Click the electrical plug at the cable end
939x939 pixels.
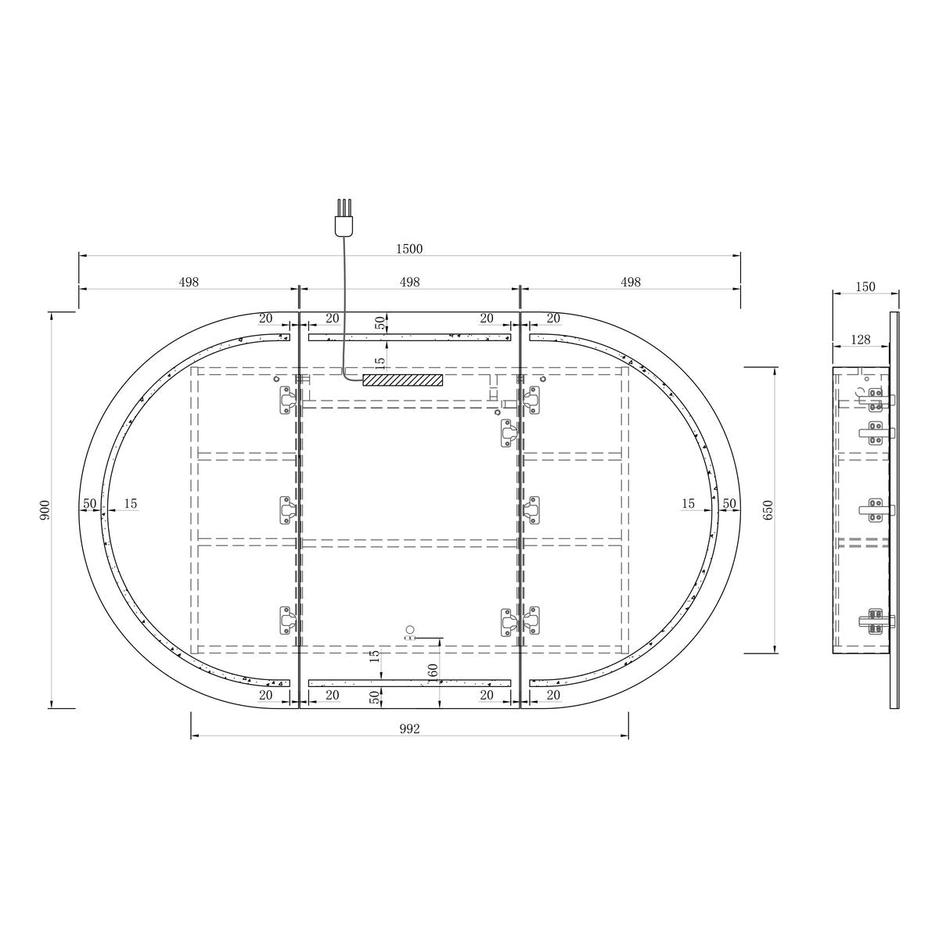point(344,218)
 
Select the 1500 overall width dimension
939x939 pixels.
point(409,249)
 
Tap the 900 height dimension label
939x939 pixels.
point(45,509)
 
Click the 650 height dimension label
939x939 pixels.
point(768,509)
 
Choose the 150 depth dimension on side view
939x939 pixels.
point(865,286)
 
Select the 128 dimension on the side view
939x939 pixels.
point(860,340)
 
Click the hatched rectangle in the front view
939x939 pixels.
point(403,380)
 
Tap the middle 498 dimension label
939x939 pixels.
point(409,282)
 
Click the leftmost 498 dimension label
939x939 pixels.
point(189,282)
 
